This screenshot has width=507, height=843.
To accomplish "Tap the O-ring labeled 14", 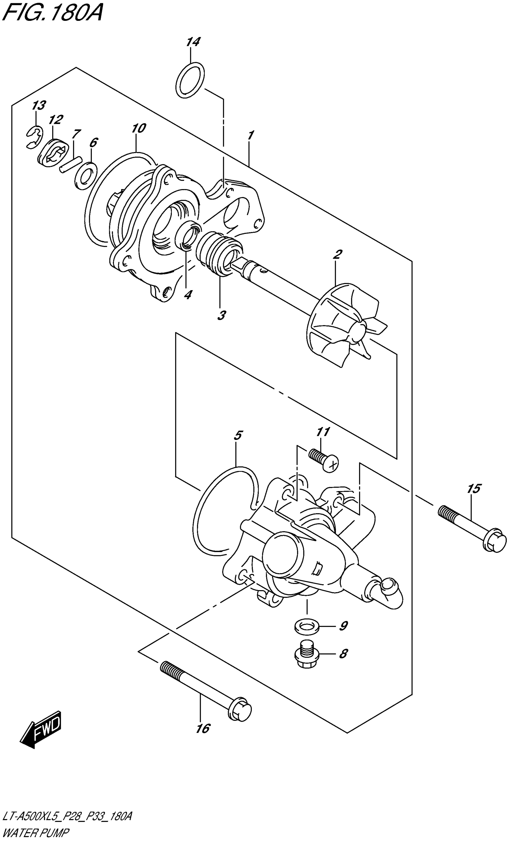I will (190, 80).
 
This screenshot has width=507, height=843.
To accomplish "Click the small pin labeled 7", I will (70, 164).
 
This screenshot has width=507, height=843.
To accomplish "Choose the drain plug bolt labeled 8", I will (307, 655).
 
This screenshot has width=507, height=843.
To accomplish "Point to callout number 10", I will (138, 128).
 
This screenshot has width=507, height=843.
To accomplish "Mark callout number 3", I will (221, 315).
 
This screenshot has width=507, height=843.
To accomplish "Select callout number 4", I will (188, 294).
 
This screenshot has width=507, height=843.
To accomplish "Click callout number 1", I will (251, 135).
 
